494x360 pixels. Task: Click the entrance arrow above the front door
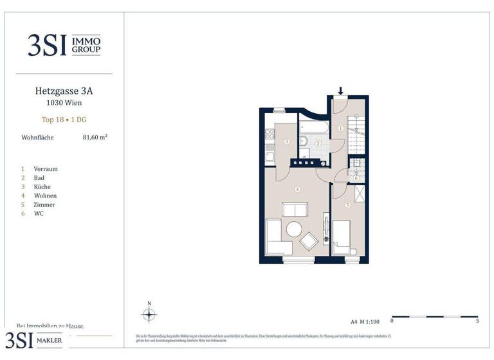coord(340,91)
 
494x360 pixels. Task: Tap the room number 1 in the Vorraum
coord(340,128)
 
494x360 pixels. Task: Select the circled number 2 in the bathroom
coord(318,144)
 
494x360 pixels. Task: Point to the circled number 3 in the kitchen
coord(286,141)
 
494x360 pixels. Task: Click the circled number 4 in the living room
coord(297,189)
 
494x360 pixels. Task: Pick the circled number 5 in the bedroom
coord(348,205)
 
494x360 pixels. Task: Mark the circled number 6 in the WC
coord(356,178)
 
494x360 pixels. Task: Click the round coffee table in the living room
coord(295,230)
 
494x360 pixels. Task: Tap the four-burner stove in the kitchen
coord(270,136)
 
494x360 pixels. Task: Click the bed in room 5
coord(341,237)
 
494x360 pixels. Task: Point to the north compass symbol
coord(149,314)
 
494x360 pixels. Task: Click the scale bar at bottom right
coord(434,317)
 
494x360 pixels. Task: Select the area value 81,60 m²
coord(95,137)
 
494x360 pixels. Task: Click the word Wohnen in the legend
coord(45,195)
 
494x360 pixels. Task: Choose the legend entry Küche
coord(42,186)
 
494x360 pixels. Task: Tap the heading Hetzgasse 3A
coord(59,91)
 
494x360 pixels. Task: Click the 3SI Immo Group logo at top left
coord(64,45)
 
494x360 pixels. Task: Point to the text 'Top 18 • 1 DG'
coord(59,119)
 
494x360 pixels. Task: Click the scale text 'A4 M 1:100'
coord(365,321)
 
